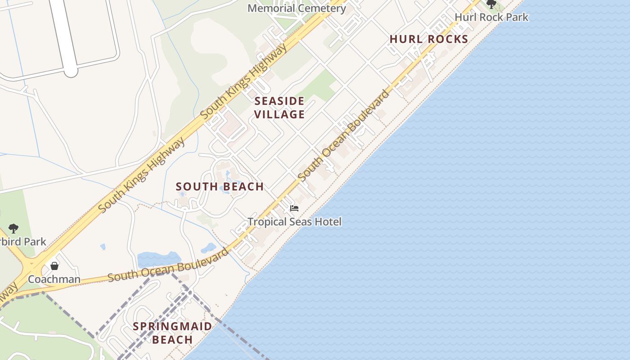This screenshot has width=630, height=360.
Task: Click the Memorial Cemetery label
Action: pyautogui.click(x=297, y=8)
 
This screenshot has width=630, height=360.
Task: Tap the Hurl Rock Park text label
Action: pyautogui.click(x=491, y=18)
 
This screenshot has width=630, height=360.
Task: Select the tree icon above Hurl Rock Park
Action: pyautogui.click(x=491, y=4)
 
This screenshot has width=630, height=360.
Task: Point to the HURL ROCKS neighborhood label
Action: pyautogui.click(x=429, y=39)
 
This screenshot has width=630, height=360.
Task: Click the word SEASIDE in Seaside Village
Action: pyautogui.click(x=279, y=101)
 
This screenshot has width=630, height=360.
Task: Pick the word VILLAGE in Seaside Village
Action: pyautogui.click(x=279, y=114)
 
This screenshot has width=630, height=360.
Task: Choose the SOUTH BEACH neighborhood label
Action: pyautogui.click(x=220, y=187)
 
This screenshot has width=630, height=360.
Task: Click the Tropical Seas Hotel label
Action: pyautogui.click(x=294, y=221)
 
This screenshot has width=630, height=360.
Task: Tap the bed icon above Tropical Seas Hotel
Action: pyautogui.click(x=294, y=208)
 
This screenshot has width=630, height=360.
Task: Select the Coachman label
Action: pyautogui.click(x=54, y=279)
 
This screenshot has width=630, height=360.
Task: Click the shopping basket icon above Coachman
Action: pyautogui.click(x=54, y=266)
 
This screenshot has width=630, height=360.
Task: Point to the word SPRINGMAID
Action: pyautogui.click(x=172, y=326)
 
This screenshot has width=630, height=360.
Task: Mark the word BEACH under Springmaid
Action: pyautogui.click(x=172, y=340)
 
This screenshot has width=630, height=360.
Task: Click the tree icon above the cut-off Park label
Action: pyautogui.click(x=13, y=229)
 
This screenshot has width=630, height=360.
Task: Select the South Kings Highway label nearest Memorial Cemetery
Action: pyautogui.click(x=243, y=82)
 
